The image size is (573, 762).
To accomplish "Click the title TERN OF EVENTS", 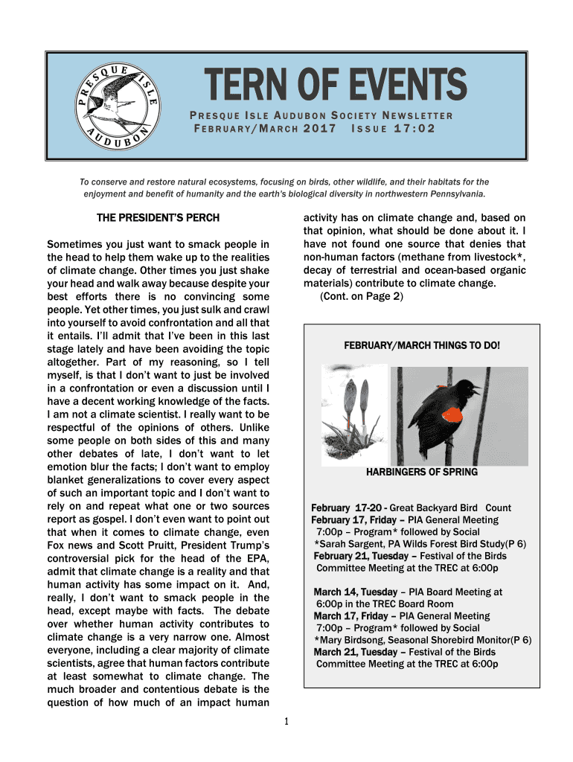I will point(326,86).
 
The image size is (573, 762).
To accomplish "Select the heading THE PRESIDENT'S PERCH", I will point(159,219).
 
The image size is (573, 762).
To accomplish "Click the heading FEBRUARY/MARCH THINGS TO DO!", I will point(422,346).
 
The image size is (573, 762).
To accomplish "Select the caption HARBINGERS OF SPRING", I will point(422,472).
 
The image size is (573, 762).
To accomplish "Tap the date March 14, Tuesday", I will point(355,592).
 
